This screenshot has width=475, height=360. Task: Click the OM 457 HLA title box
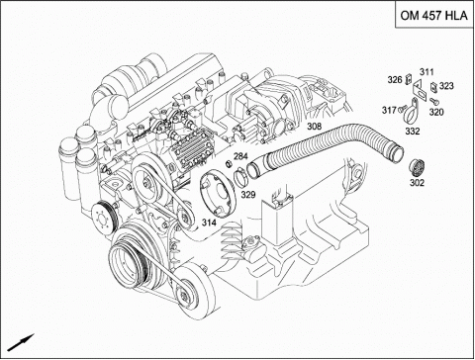click(434, 15)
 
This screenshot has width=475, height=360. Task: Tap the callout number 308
click(314, 126)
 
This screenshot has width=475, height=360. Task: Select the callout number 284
click(240, 156)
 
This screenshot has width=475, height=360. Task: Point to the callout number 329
click(248, 195)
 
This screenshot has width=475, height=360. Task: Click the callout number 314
click(209, 223)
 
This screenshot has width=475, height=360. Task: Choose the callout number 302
click(417, 182)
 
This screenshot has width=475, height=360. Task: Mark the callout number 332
click(413, 132)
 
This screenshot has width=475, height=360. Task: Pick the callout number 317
click(389, 110)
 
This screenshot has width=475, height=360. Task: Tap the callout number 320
click(436, 112)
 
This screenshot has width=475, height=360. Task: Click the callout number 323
click(446, 86)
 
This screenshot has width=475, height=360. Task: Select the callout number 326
click(395, 80)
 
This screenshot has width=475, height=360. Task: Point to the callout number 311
click(427, 72)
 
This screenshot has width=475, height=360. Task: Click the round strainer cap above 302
click(416, 167)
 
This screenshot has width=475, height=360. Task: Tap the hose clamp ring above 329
click(240, 178)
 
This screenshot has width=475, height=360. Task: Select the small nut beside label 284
click(228, 163)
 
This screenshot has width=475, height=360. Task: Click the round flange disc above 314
click(218, 194)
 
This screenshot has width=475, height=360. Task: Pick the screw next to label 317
click(402, 108)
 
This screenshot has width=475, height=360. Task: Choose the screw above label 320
click(432, 100)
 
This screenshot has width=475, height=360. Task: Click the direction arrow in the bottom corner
click(21, 342)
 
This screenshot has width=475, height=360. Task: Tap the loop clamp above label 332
click(411, 112)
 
